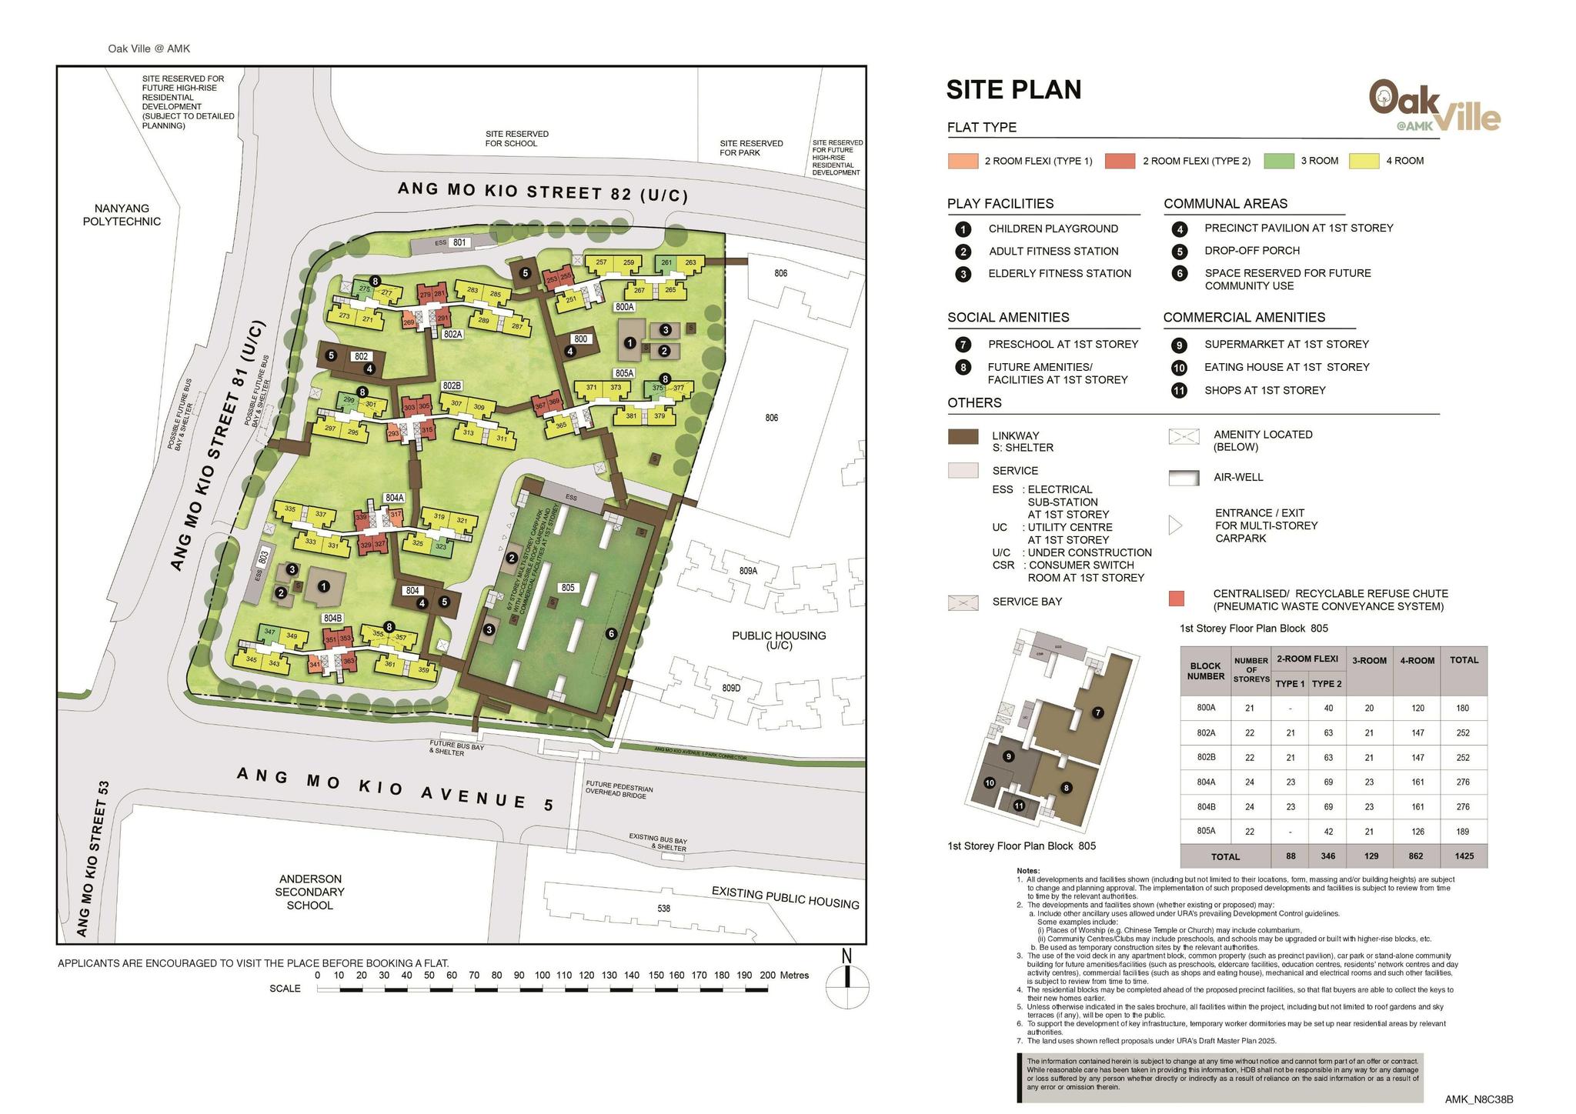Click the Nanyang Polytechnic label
[122, 215]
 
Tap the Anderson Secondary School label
[310, 892]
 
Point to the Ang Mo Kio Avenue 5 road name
[395, 789]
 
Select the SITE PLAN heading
[1013, 90]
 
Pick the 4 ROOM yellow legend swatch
[1364, 161]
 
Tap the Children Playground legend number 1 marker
[963, 229]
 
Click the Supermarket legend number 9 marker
[1179, 345]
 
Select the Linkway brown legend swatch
[963, 437]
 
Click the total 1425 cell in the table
[1462, 856]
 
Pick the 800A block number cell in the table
[1205, 708]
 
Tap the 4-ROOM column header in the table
[1417, 660]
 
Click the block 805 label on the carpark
[568, 588]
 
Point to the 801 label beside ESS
[459, 242]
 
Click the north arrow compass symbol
[847, 985]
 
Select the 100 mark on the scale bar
[542, 976]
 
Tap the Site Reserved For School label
[516, 138]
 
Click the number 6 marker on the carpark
[611, 633]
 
